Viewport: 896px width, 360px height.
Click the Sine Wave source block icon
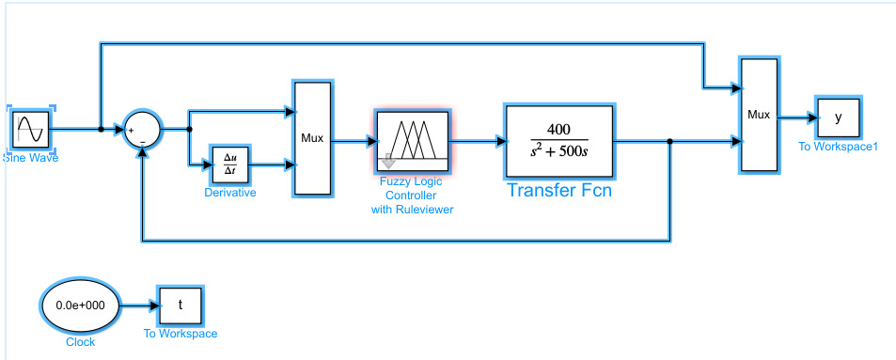coord(31,129)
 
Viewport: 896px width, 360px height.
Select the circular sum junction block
coord(142,129)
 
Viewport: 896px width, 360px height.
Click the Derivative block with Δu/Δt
coord(230,164)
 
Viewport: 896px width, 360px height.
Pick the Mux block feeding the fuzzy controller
coord(312,138)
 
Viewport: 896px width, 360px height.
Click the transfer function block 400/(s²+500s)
coord(559,140)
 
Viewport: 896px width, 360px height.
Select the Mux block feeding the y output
coord(758,115)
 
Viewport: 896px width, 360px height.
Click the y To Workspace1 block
coord(837,117)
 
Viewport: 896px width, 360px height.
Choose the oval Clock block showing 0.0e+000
coord(80,305)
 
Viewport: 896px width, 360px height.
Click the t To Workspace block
coord(181,305)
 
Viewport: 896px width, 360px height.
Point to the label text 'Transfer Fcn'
coord(559,190)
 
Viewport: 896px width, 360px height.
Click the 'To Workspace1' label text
coord(837,146)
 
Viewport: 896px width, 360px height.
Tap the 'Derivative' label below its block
coord(230,193)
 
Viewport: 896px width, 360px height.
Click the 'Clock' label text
coord(80,342)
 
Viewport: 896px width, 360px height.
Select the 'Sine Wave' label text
coord(31,158)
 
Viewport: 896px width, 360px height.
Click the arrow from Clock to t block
coord(138,305)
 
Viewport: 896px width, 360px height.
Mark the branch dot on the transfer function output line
coord(669,141)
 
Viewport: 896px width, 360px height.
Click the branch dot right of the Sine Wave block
coord(101,129)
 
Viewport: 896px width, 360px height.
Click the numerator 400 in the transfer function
coord(560,129)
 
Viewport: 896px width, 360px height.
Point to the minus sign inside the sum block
coord(143,139)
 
